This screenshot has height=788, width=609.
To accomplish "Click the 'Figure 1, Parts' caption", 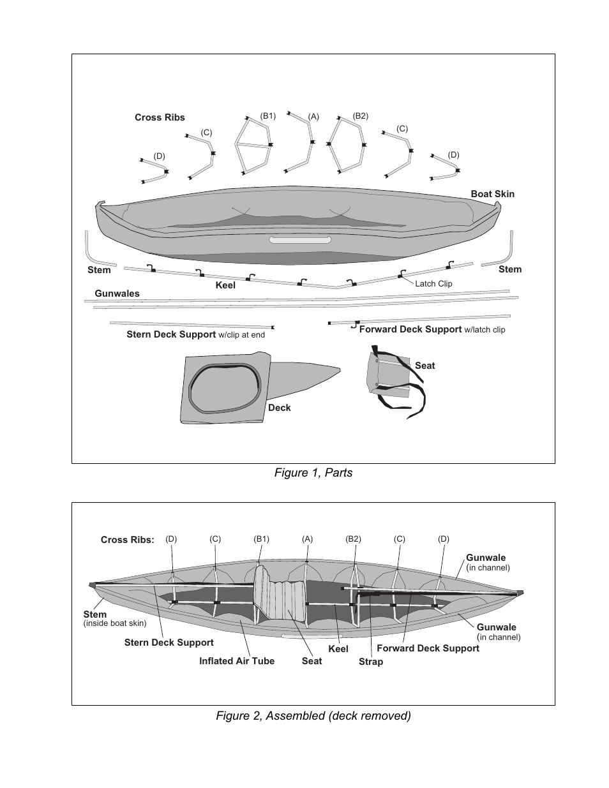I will [x=313, y=473].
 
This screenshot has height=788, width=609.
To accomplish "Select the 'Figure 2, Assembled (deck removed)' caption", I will [x=313, y=716].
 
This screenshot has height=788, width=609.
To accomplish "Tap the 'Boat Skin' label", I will [x=492, y=194].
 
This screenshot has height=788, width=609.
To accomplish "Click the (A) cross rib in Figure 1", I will [x=301, y=143].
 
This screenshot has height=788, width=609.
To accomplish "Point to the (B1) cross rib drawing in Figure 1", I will [x=254, y=145].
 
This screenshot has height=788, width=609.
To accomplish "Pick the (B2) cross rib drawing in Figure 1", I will [x=347, y=145].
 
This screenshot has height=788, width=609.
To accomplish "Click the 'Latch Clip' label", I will [x=433, y=283].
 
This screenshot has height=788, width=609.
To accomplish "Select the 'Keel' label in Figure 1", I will [x=225, y=285].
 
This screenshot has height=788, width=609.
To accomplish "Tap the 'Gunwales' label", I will [x=117, y=294].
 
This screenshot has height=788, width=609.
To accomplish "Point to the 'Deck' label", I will [x=279, y=408].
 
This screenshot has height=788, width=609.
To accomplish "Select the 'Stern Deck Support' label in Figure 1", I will [x=171, y=334].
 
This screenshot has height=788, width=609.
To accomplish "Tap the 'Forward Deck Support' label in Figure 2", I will [x=428, y=648].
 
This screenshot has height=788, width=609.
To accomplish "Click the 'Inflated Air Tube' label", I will [x=236, y=661].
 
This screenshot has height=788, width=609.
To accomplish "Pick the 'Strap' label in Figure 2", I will [x=371, y=662].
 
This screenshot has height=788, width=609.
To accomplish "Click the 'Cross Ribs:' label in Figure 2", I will [x=128, y=540].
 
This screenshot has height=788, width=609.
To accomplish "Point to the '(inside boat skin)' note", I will [x=115, y=623].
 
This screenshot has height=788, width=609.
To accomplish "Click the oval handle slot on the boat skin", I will [x=300, y=240].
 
